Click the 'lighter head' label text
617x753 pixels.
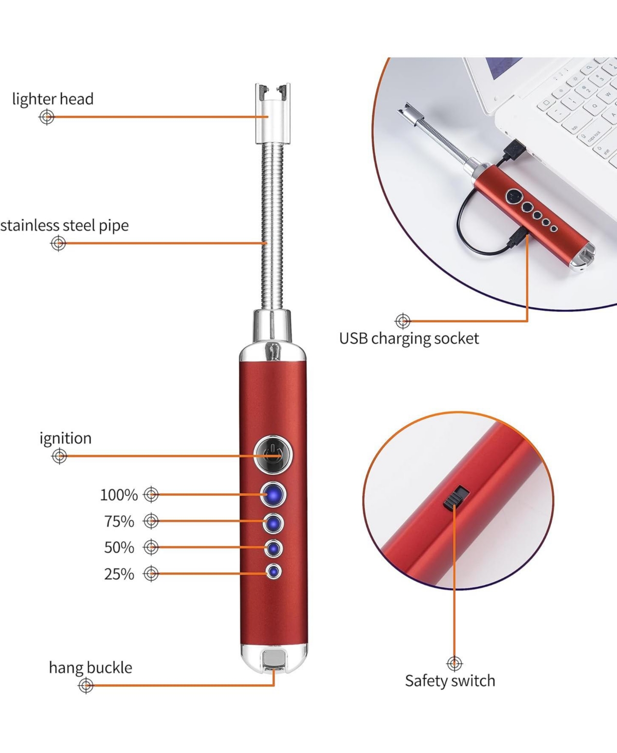(52, 99)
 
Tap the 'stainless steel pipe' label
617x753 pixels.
(64, 225)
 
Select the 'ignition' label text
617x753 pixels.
(65, 438)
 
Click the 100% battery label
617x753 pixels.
(119, 495)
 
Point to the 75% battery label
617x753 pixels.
(119, 521)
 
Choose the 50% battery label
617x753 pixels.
(119, 548)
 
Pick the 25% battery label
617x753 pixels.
(119, 574)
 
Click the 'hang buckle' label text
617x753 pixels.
(90, 667)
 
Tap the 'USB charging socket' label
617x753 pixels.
(409, 338)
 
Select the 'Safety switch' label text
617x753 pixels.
(450, 681)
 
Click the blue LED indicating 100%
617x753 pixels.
(273, 495)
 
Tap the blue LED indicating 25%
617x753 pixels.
(274, 572)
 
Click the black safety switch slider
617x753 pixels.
(456, 498)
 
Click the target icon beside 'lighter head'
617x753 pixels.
(46, 117)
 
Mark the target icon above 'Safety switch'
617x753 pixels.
(455, 664)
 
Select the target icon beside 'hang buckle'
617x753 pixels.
(86, 686)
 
